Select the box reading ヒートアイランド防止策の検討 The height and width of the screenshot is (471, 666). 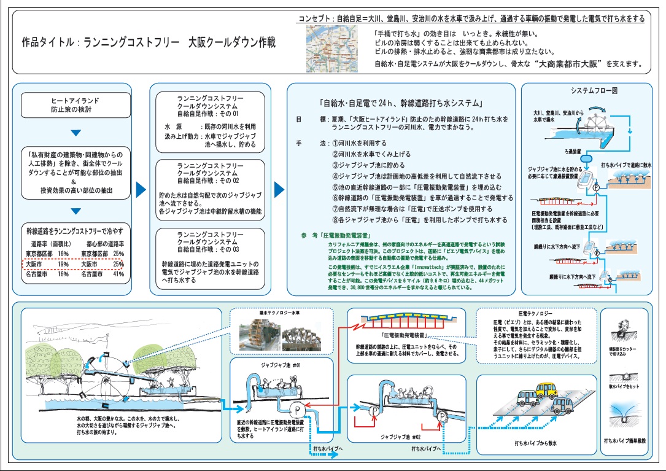tap(75, 105)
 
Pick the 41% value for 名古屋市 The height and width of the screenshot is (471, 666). tap(118, 274)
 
